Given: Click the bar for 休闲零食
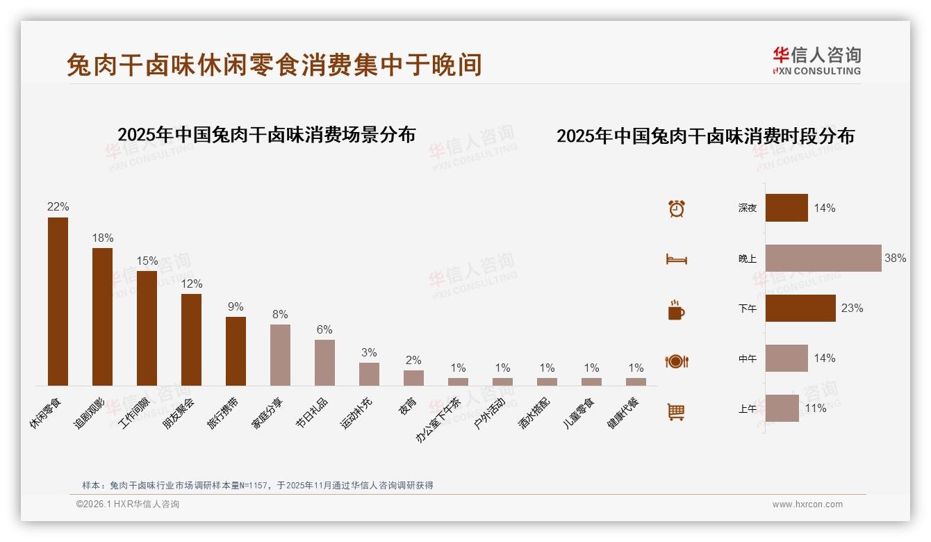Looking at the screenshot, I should click(x=58, y=302).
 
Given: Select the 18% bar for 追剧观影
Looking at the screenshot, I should click(x=102, y=317).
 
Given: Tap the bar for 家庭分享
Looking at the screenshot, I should click(x=280, y=355).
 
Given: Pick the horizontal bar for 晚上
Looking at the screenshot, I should click(x=823, y=258).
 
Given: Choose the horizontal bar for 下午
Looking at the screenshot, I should click(x=800, y=308).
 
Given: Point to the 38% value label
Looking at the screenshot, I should click(x=895, y=258).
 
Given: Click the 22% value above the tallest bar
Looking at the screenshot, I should click(x=58, y=206).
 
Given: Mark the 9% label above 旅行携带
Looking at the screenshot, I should click(x=236, y=306).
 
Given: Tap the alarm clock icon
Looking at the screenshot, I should click(x=677, y=208).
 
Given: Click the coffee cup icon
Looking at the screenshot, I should click(x=676, y=310).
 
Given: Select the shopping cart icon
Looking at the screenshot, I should click(x=676, y=411).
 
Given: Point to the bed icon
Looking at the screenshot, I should click(x=676, y=259).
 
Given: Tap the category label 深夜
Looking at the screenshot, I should click(x=748, y=208).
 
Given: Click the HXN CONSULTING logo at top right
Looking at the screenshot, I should click(x=816, y=61).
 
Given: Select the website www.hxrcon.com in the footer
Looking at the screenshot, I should click(x=807, y=504).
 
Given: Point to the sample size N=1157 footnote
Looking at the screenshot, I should click(x=258, y=485).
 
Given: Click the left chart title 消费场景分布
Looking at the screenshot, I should click(x=266, y=134).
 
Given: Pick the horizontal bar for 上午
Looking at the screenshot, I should click(x=782, y=409).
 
